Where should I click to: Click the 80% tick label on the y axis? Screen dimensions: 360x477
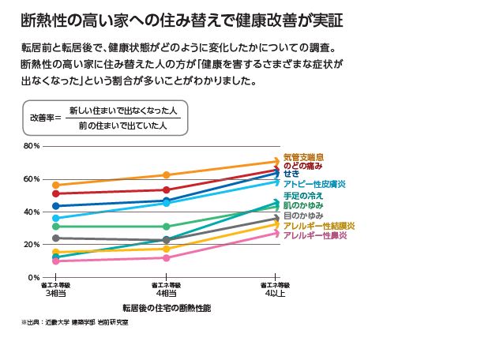pos(32,146)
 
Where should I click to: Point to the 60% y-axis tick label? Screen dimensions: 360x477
pos(32,179)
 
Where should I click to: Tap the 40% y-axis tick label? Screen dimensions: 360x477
pos(32,212)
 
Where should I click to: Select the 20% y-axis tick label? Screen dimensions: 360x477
pos(32,245)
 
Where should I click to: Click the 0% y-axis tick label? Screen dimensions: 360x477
pos(34,278)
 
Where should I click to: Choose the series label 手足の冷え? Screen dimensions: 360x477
pos(303,195)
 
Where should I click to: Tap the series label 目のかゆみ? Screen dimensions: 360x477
pos(303,216)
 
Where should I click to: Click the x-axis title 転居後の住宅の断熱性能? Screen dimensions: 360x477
pos(166,306)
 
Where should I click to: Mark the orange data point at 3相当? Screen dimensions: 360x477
pos(55,185)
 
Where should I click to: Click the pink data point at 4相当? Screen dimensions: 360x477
pos(166,258)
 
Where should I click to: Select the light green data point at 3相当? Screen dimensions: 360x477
pos(55,227)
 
